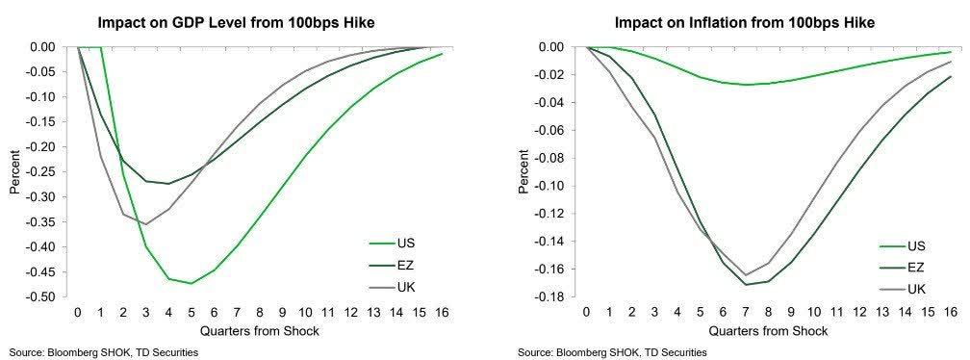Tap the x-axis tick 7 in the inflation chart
[746, 313]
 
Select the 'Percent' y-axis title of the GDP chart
[14, 171]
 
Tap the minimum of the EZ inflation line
[746, 284]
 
